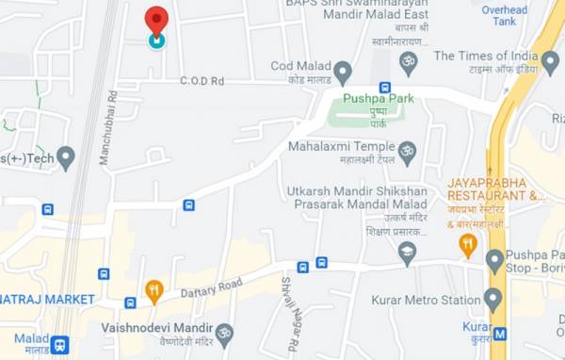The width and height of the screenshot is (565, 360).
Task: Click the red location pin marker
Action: (x=156, y=22)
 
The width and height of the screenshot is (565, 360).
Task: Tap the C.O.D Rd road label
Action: (x=202, y=81)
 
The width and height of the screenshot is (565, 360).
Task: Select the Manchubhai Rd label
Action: (x=106, y=127)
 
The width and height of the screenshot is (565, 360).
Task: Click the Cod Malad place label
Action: (x=299, y=66)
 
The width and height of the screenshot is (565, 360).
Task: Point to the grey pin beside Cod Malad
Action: (x=343, y=72)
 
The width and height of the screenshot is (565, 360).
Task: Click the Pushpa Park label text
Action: (x=379, y=98)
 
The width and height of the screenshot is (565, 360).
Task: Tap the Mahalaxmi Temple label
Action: (x=341, y=148)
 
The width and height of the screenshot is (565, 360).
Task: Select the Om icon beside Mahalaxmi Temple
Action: (x=408, y=151)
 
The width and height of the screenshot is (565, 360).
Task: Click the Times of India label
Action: (x=486, y=56)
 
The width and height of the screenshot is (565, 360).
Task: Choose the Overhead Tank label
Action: (x=505, y=15)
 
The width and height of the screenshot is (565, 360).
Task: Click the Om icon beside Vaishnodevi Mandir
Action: (x=224, y=334)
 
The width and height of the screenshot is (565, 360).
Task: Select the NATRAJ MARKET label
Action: (x=47, y=300)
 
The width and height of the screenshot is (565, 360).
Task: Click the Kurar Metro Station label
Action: (x=428, y=301)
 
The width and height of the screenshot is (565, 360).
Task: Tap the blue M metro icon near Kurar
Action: (x=500, y=334)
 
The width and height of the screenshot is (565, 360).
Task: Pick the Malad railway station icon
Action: (x=60, y=344)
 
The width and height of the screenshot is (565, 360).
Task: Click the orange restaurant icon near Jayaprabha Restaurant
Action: (x=468, y=245)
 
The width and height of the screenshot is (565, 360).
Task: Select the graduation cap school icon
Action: (x=407, y=253)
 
